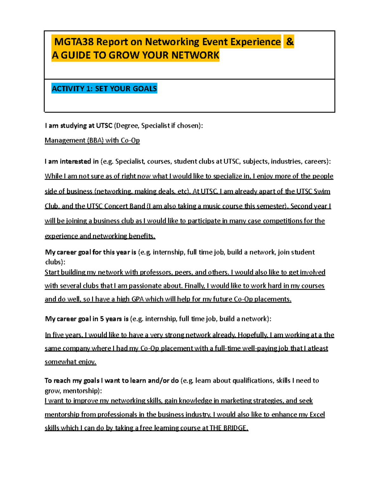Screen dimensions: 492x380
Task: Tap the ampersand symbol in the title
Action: tap(289, 42)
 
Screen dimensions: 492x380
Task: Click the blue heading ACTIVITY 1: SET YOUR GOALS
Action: tap(104, 89)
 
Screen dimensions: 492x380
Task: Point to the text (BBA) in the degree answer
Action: tap(95, 140)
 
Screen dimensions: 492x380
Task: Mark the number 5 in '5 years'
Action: tap(102, 319)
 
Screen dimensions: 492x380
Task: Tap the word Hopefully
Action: tap(253, 335)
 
